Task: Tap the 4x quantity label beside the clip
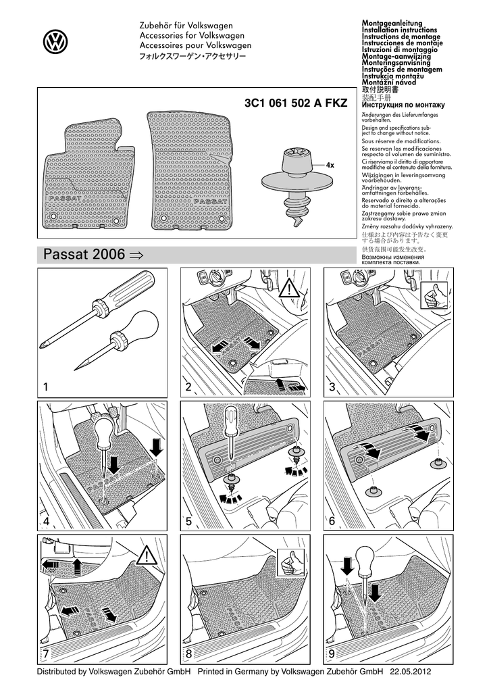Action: tap(330, 166)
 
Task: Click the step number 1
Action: tap(46, 387)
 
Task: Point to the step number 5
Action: tap(189, 522)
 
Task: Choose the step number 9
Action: tap(332, 653)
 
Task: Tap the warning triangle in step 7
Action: tap(145, 556)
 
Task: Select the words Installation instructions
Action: tap(399, 31)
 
